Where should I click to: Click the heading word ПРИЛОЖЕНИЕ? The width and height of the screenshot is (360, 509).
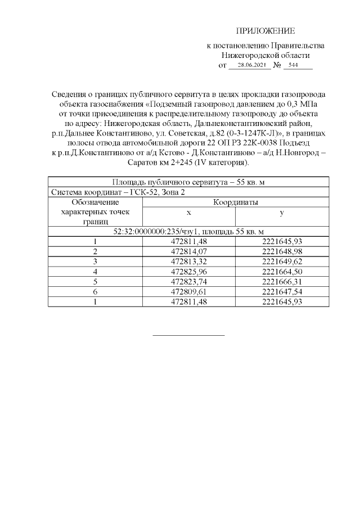265,31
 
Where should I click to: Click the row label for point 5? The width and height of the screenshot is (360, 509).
96,282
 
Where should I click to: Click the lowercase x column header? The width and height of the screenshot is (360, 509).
189,213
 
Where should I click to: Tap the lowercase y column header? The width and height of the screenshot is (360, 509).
281,213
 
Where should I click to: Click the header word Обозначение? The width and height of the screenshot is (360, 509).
96,202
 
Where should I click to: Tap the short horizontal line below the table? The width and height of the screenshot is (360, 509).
189,335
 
